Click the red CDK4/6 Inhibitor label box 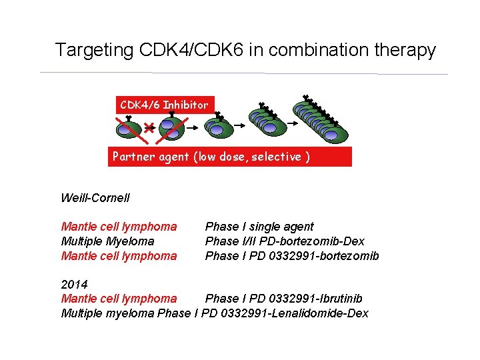click(x=164, y=105)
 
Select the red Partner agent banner click(x=230, y=157)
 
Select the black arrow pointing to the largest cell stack click(x=287, y=124)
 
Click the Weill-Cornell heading click(x=95, y=198)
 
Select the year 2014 click(x=74, y=285)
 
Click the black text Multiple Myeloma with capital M click(x=107, y=241)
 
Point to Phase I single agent click(x=259, y=227)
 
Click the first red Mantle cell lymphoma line click(x=119, y=227)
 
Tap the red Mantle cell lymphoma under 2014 click(x=119, y=299)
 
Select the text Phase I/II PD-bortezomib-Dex click(x=285, y=241)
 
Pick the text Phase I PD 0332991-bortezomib click(x=292, y=256)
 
